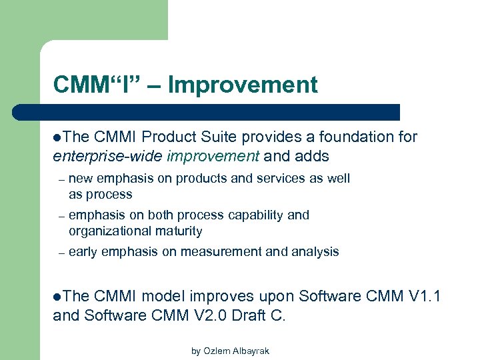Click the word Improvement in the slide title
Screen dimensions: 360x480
tap(243, 85)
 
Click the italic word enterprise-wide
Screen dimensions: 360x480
tap(108, 156)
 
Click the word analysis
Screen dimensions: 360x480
tap(315, 252)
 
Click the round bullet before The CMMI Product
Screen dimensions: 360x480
tap(57, 137)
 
